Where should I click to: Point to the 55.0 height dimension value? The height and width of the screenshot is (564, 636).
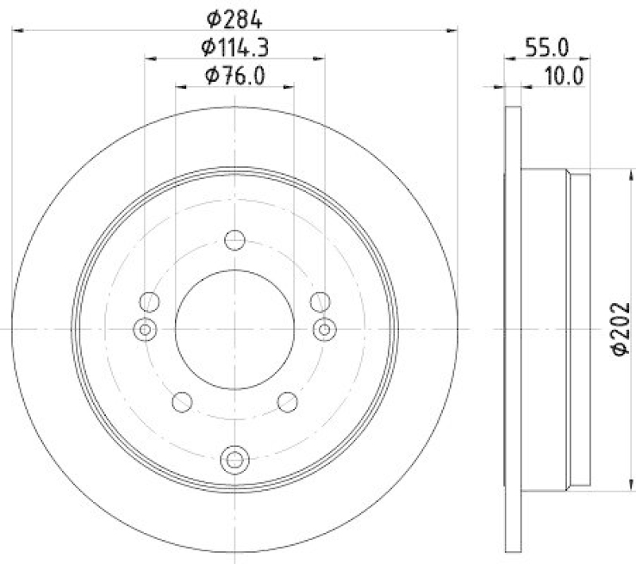click(x=547, y=47)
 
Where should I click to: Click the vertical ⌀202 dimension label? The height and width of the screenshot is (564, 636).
click(x=621, y=329)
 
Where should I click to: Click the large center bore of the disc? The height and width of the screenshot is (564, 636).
click(x=235, y=329)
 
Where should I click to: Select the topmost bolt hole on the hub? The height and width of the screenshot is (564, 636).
click(x=235, y=239)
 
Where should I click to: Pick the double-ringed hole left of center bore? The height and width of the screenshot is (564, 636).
click(x=145, y=329)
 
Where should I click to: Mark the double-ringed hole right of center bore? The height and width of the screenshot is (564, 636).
click(x=324, y=329)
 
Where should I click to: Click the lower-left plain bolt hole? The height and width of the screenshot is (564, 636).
click(x=182, y=402)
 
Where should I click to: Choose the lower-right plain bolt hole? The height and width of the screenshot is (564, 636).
click(x=288, y=402)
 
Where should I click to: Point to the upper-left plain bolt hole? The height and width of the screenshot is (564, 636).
click(x=149, y=301)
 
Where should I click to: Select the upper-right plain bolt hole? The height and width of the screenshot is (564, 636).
click(x=320, y=301)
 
